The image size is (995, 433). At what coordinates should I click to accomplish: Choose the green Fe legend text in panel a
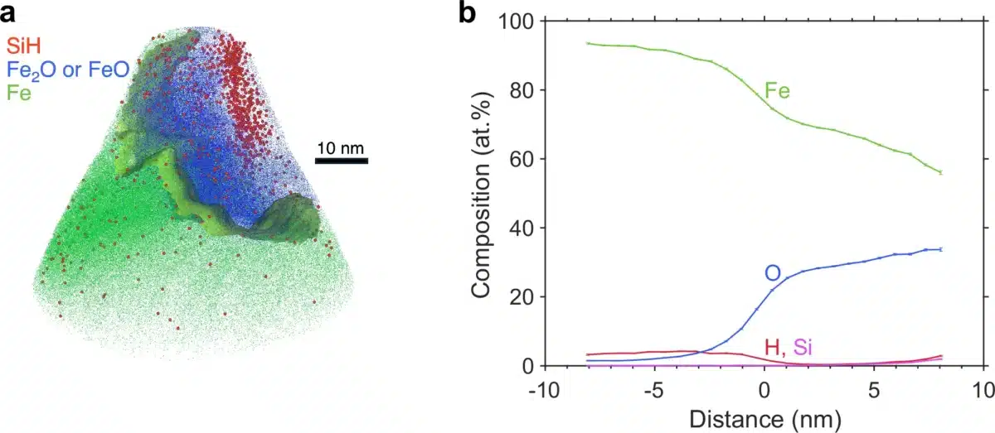pyautogui.click(x=18, y=94)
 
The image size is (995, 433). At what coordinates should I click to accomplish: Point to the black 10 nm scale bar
pyautogui.click(x=341, y=160)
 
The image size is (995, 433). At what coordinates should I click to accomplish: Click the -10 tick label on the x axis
pyautogui.click(x=544, y=389)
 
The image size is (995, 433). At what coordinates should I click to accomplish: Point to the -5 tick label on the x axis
pyautogui.click(x=653, y=389)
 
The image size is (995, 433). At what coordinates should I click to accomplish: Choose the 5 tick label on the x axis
pyautogui.click(x=873, y=389)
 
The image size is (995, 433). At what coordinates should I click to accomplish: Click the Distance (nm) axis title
pyautogui.click(x=763, y=418)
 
